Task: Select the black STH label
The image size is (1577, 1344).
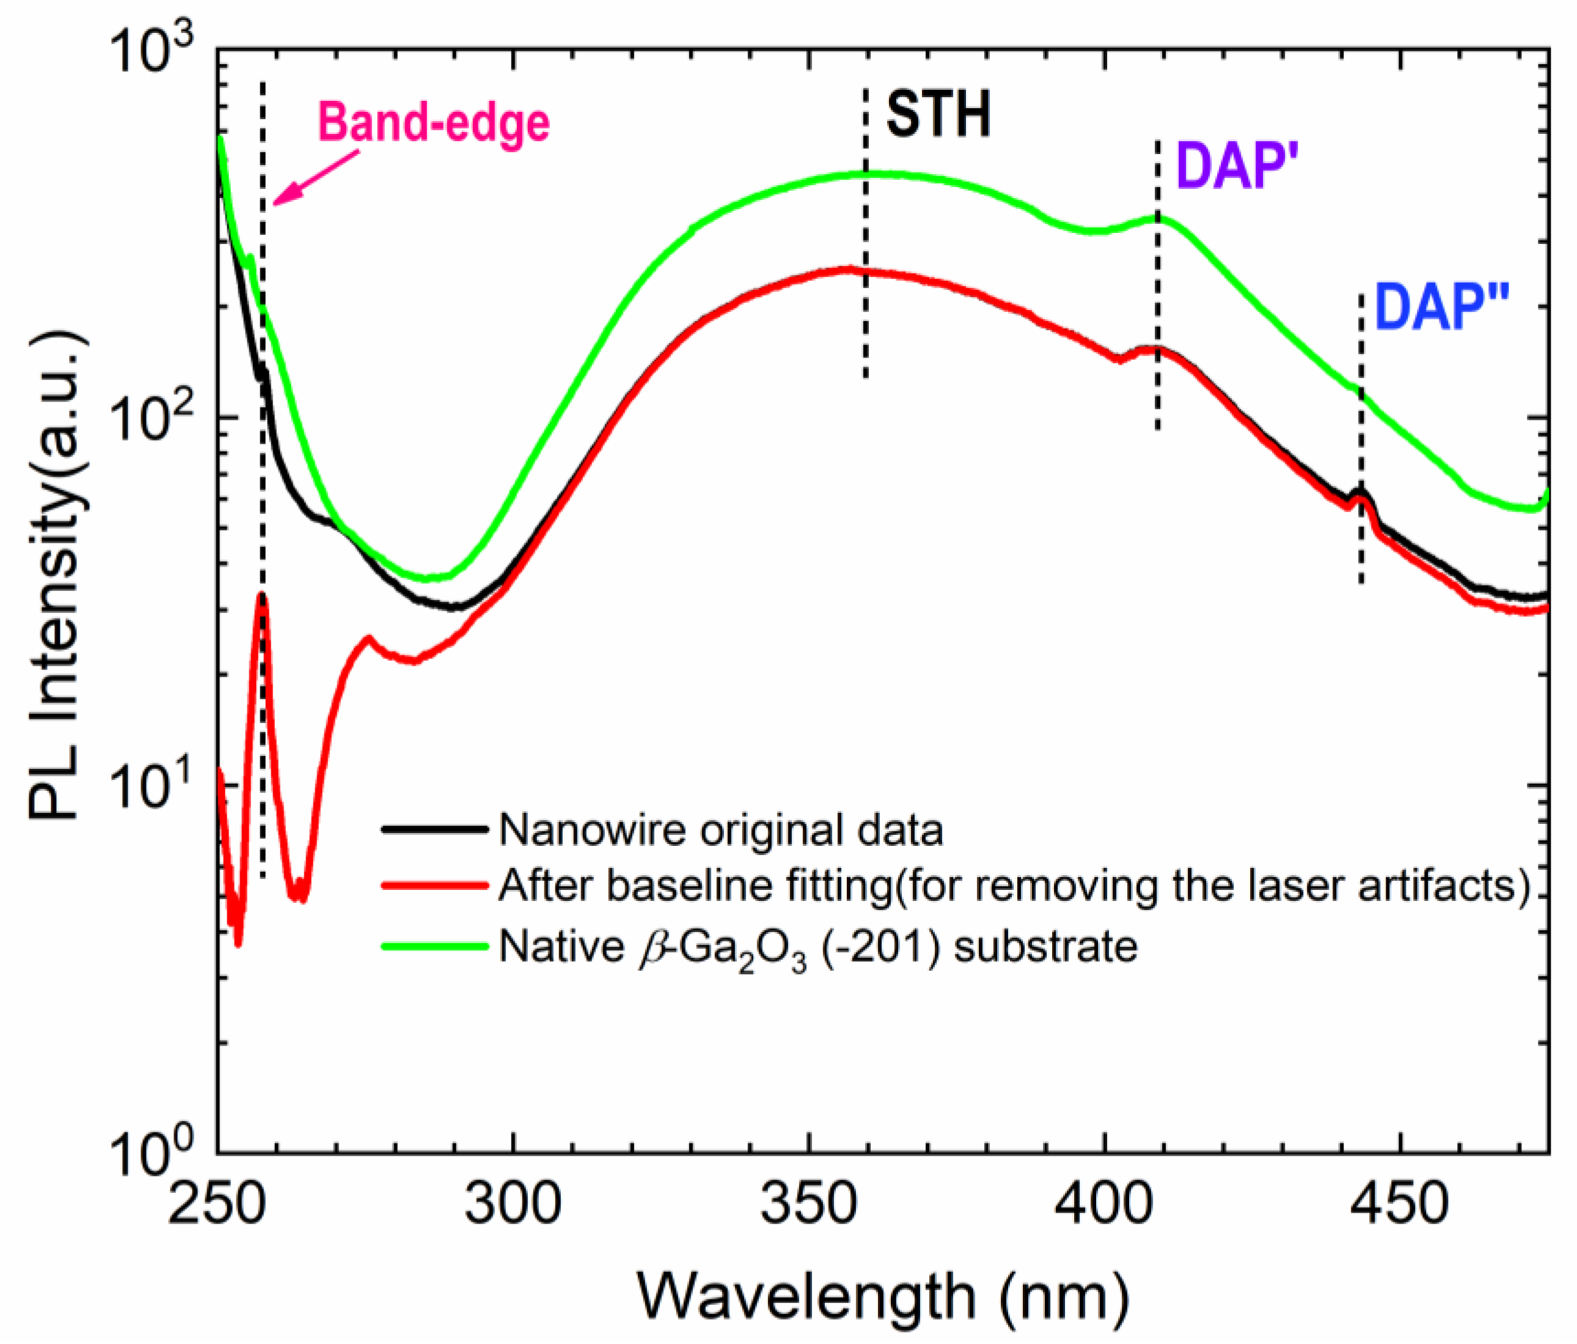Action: pyautogui.click(x=939, y=116)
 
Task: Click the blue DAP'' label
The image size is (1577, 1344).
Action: pyautogui.click(x=1441, y=309)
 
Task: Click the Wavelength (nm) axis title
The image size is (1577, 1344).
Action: pyautogui.click(x=883, y=1296)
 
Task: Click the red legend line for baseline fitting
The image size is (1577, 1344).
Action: pyautogui.click(x=434, y=886)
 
